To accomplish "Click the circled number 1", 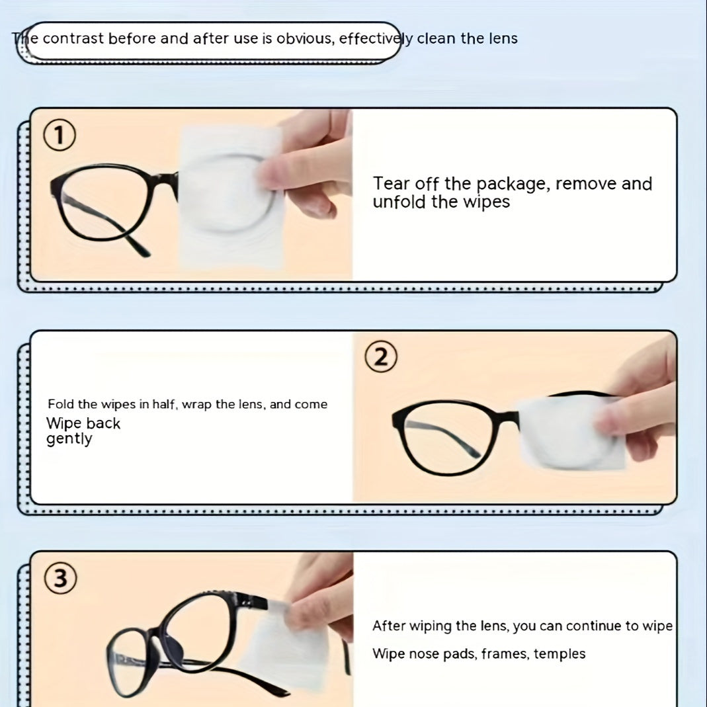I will click(59, 137).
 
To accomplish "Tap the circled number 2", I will click(381, 358).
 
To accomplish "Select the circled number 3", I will click(60, 579).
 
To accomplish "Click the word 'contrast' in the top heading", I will click(73, 38).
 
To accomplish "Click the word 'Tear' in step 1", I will click(391, 184).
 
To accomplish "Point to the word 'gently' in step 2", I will click(69, 439).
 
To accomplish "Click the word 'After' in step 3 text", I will click(389, 626).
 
